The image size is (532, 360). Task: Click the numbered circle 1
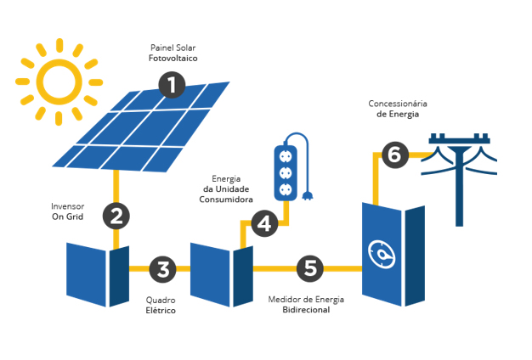pyautogui.click(x=172, y=85)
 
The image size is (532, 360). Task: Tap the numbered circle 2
pyautogui.click(x=116, y=216)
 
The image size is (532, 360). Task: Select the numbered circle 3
pyautogui.click(x=162, y=269)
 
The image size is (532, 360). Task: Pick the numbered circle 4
pyautogui.click(x=264, y=223)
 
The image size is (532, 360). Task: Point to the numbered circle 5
pyautogui.click(x=310, y=269)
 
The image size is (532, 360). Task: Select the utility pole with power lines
pyautogui.click(x=459, y=174)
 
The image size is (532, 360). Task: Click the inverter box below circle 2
pyautogui.click(x=96, y=274)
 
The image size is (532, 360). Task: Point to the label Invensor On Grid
pyautogui.click(x=67, y=211)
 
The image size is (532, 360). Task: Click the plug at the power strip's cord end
pyautogui.click(x=308, y=199)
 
